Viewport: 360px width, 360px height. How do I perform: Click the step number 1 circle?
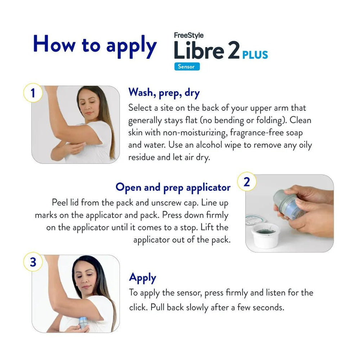(33, 93)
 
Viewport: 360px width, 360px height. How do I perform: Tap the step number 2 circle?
(247, 182)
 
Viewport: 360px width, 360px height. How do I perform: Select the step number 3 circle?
(33, 262)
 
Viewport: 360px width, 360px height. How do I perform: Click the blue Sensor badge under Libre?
(187, 67)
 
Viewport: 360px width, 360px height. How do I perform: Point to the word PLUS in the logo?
(255, 55)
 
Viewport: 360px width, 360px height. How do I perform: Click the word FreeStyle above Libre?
(189, 35)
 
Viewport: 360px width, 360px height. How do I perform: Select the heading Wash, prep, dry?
(164, 93)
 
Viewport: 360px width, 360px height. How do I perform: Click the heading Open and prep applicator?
(173, 187)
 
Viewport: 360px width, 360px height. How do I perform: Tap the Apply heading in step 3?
(143, 278)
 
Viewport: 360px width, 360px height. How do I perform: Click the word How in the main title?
(54, 44)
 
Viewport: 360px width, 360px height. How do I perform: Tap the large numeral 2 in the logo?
(233, 50)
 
